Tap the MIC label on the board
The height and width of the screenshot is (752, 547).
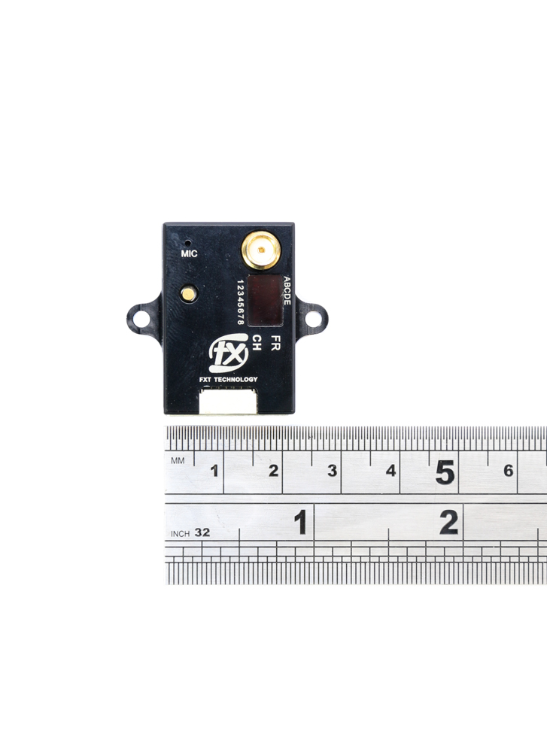[189, 254]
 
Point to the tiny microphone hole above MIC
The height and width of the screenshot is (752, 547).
[187, 243]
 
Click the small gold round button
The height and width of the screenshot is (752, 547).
[187, 293]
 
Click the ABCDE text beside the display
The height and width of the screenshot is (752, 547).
[287, 290]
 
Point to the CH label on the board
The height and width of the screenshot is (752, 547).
[257, 343]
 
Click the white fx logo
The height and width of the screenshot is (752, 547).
[229, 356]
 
